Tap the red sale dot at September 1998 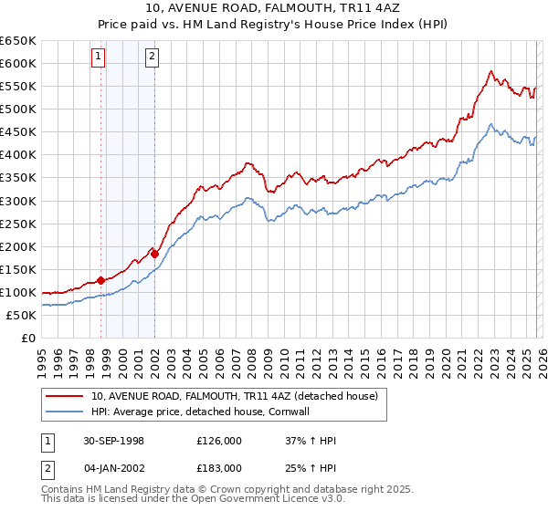tap(100, 280)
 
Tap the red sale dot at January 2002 tap(154, 254)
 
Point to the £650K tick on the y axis tap(18, 41)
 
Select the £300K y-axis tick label tap(18, 201)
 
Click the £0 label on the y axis tap(28, 338)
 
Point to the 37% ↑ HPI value tap(311, 441)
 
